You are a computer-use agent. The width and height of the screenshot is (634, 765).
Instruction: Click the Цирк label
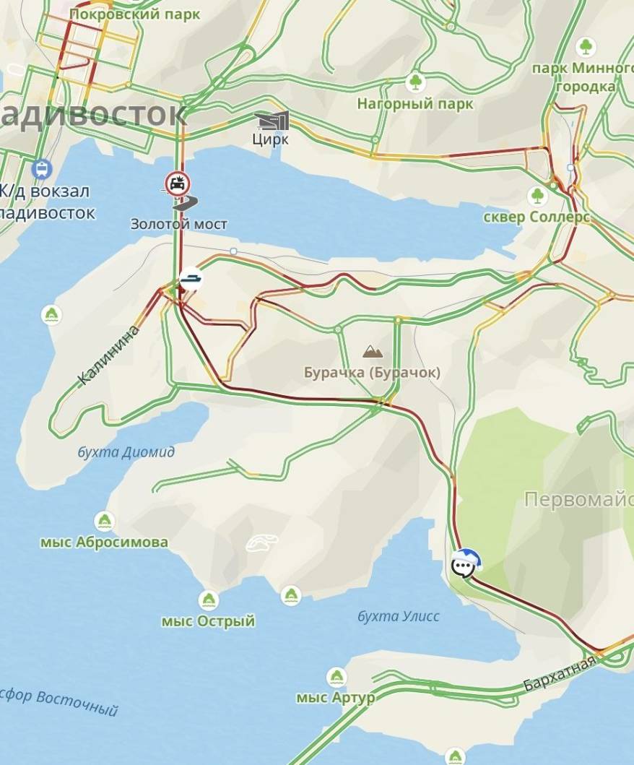click(270, 139)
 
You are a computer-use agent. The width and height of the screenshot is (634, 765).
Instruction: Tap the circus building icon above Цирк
click(272, 120)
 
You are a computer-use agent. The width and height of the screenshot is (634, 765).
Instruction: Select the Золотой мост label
click(178, 224)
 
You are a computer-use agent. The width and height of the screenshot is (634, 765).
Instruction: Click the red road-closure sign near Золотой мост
click(175, 183)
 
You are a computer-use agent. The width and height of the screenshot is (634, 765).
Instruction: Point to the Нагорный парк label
click(415, 104)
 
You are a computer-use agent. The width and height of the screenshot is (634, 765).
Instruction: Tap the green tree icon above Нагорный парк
click(415, 82)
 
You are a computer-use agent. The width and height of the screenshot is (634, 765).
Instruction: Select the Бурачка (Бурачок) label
click(372, 373)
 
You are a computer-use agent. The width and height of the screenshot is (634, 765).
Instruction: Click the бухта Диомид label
click(126, 452)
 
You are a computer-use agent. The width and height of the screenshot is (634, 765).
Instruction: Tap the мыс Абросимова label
click(104, 542)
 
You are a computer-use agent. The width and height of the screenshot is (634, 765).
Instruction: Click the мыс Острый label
click(208, 621)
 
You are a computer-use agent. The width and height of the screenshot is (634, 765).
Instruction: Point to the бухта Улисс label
click(399, 616)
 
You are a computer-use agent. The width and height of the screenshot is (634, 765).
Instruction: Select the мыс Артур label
click(336, 698)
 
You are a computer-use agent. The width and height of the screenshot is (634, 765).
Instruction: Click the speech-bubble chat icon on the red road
click(465, 562)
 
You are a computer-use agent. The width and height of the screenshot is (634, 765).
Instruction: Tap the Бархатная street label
click(560, 674)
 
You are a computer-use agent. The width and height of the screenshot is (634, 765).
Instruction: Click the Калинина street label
click(108, 355)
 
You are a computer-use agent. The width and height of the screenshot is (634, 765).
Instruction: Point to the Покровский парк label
click(134, 14)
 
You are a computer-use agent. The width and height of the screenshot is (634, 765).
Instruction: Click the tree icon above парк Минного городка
click(586, 48)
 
